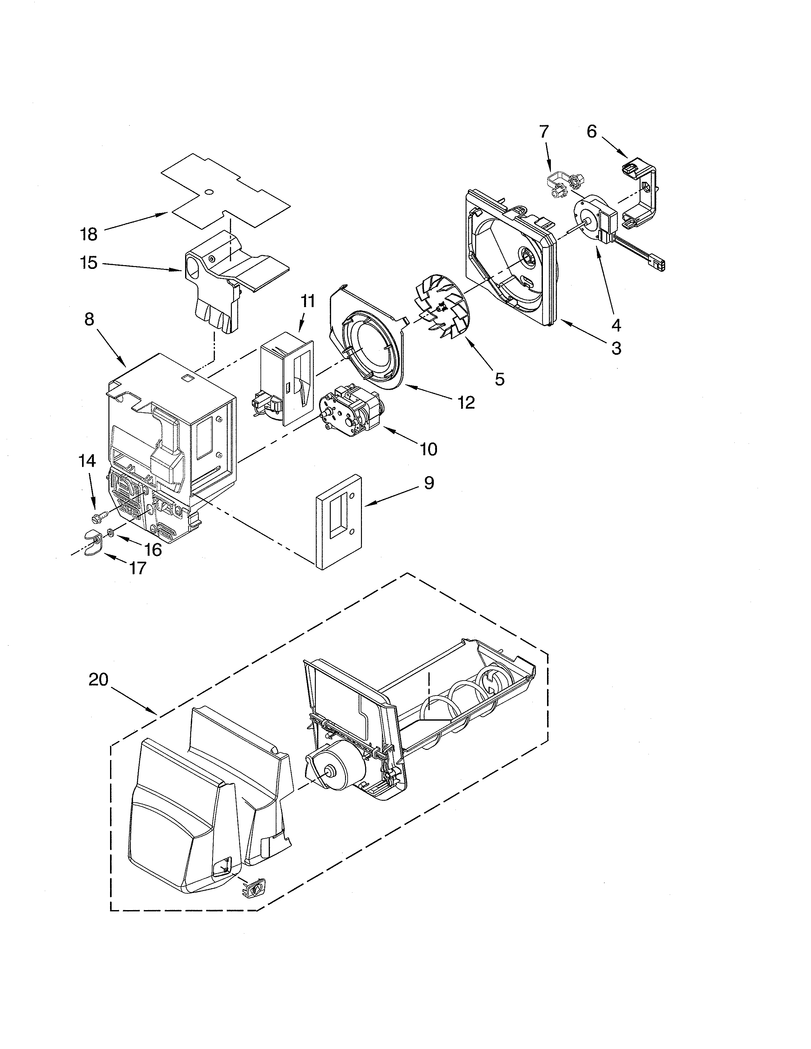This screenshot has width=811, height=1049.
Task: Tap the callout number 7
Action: pyautogui.click(x=544, y=132)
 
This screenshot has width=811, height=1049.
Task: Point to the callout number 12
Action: pyautogui.click(x=466, y=402)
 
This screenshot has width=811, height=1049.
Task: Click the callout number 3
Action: pyautogui.click(x=616, y=348)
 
